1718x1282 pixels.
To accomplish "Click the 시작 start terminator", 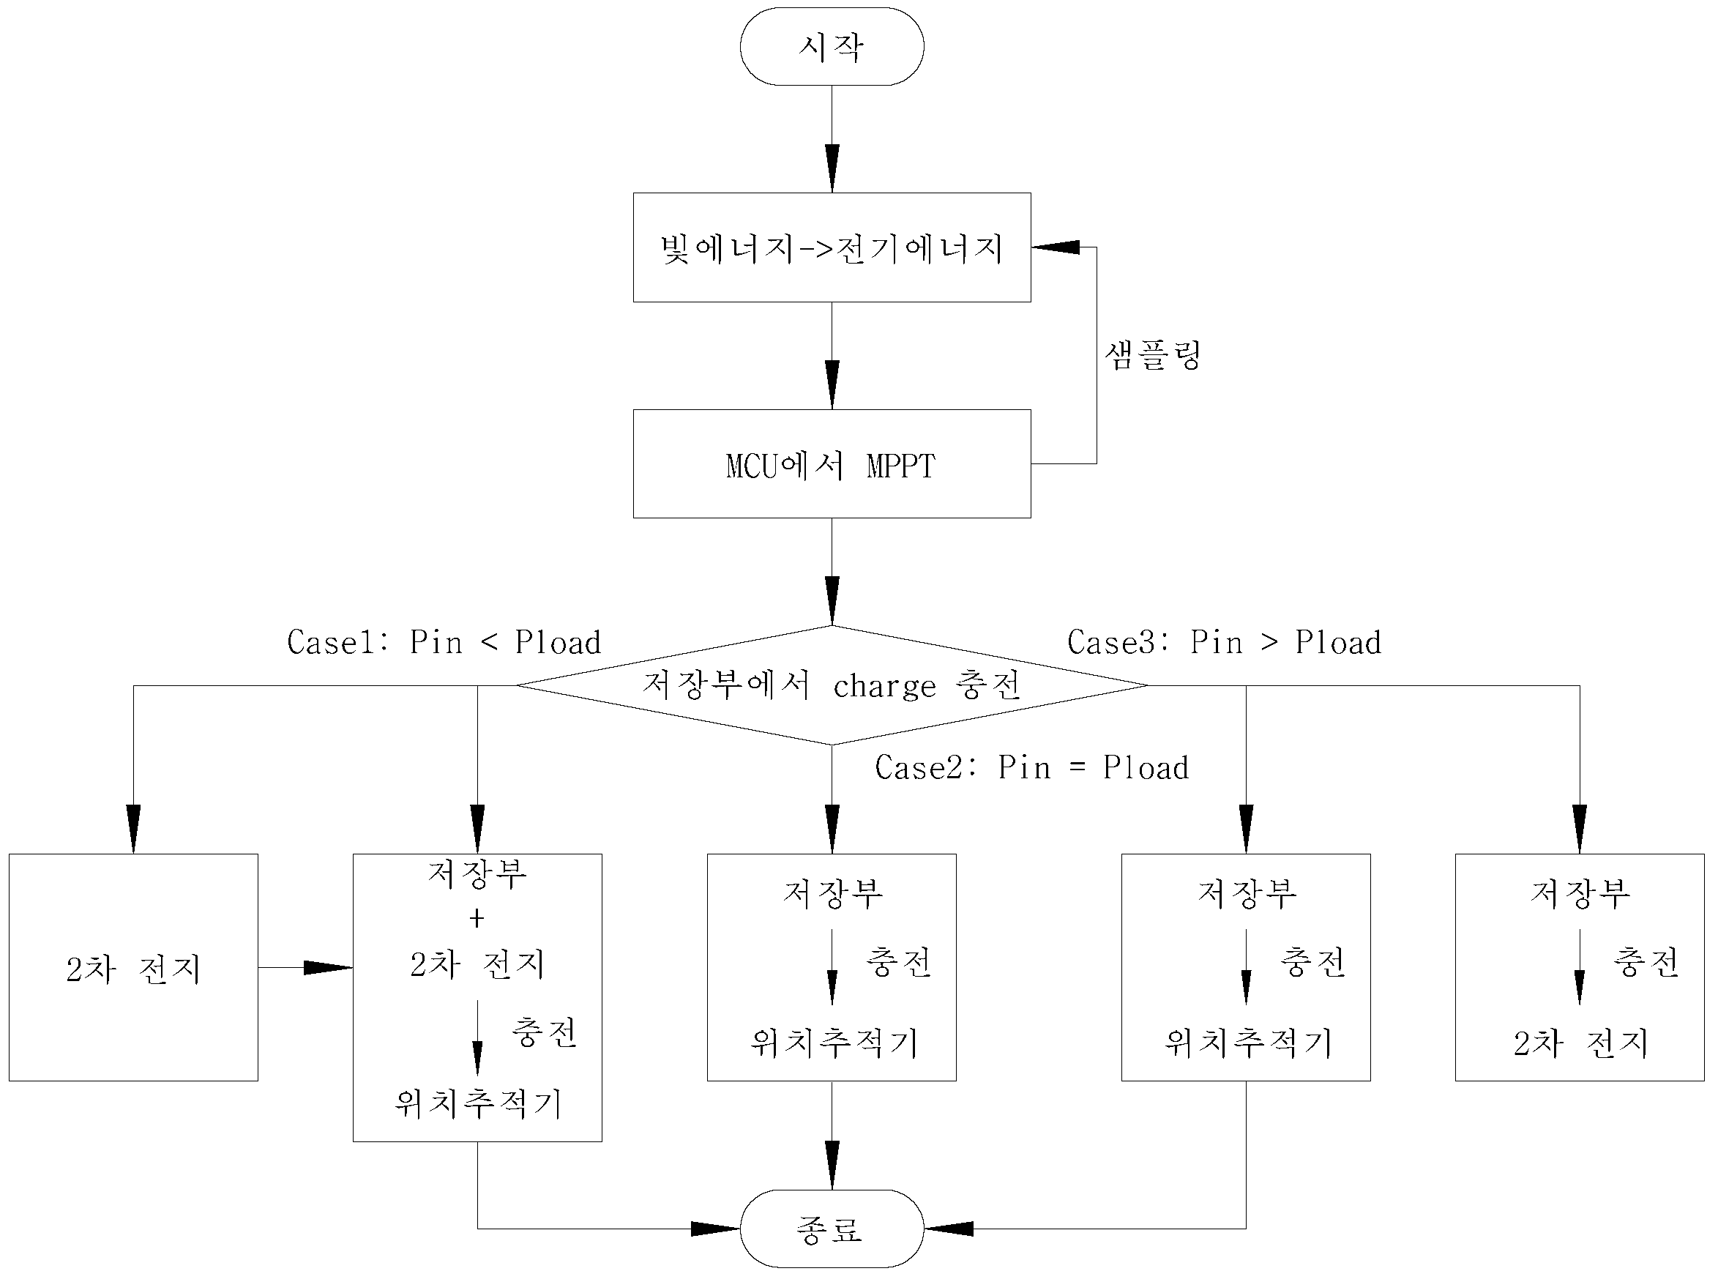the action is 832,47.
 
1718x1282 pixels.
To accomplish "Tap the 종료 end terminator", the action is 832,1229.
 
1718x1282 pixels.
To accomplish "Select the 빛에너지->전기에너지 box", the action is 832,247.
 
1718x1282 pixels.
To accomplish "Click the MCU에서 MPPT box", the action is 832,464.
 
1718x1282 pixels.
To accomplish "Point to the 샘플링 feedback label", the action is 1152,355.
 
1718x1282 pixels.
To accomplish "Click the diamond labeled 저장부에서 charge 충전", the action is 832,685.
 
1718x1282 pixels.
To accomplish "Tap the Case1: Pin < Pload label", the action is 444,643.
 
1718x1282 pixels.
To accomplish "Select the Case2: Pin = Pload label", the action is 1032,767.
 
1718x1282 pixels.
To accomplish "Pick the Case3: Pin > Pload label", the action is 1225,643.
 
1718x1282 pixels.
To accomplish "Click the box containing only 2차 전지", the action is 133,968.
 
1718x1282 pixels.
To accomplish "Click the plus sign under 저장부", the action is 477,919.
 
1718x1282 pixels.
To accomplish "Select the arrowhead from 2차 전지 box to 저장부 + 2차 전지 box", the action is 328,968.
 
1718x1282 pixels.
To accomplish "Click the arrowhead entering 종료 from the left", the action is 715,1229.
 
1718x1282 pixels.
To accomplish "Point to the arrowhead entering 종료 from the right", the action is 948,1229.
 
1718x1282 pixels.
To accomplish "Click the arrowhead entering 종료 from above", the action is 832,1165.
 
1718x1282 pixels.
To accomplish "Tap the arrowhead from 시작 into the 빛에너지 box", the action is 832,168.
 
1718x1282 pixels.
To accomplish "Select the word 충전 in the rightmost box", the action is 1646,962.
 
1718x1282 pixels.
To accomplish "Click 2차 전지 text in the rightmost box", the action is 1580,1043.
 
